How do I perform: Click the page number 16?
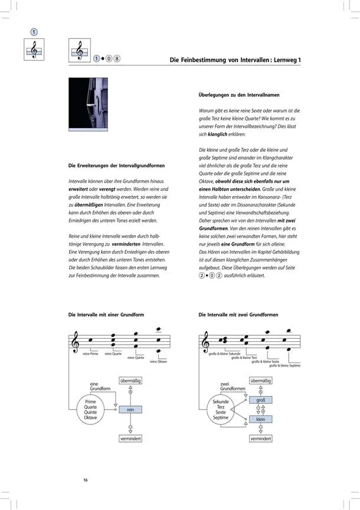tap(86, 479)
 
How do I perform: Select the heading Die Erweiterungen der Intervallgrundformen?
tap(117, 165)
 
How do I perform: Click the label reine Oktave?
tap(159, 362)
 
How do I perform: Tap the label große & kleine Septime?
tap(284, 365)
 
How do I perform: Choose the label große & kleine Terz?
tap(244, 358)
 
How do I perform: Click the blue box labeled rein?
tap(130, 409)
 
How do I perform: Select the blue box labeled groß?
tap(260, 400)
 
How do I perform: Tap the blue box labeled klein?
tap(260, 419)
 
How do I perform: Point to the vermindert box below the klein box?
tap(260, 439)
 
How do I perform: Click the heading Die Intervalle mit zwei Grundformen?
tap(238, 315)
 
